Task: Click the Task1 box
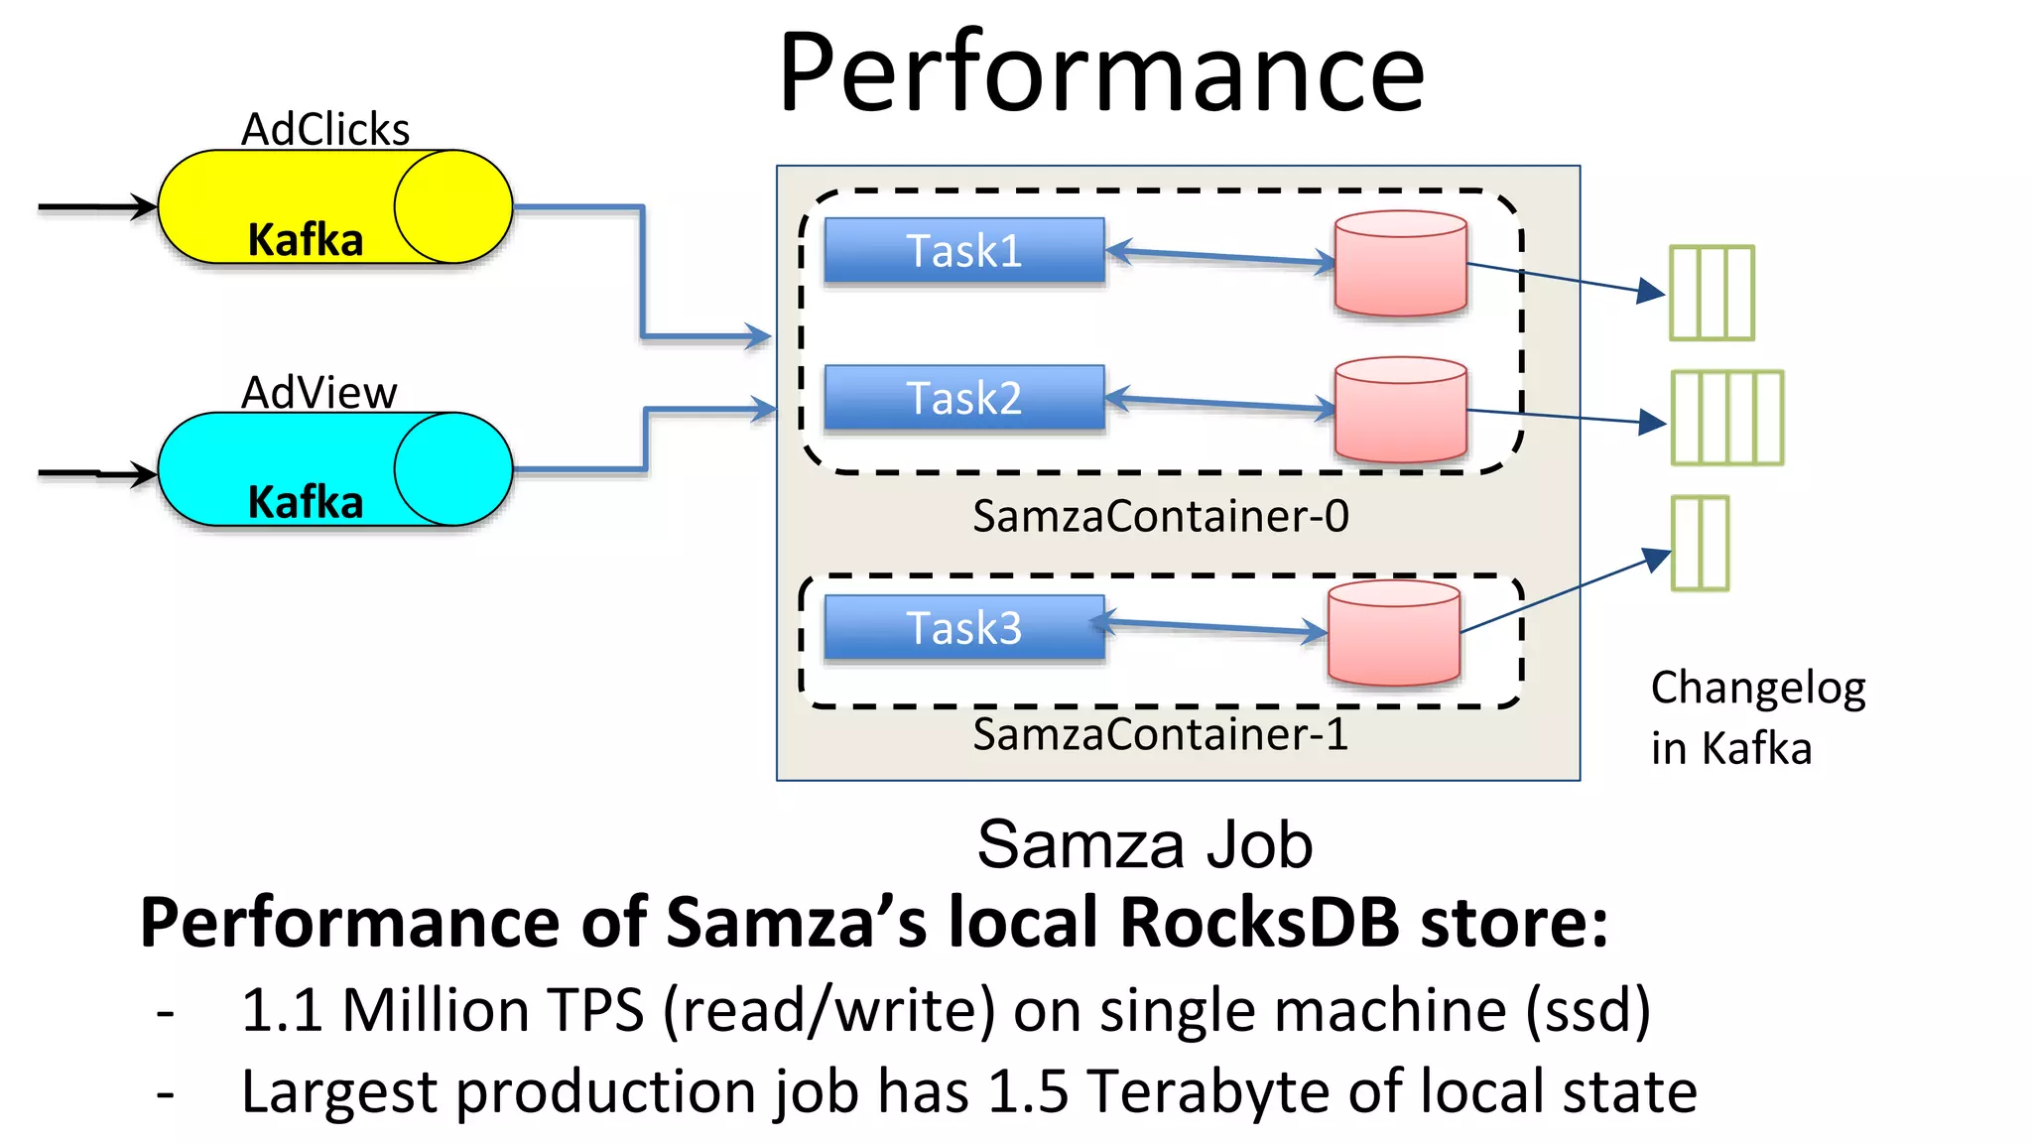pyautogui.click(x=963, y=251)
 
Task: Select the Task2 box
pyautogui.click(x=963, y=398)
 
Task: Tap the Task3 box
pyautogui.click(x=963, y=627)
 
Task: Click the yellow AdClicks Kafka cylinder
pyautogui.click(x=334, y=207)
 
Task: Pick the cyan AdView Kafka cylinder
pyautogui.click(x=334, y=469)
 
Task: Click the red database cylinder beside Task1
pyautogui.click(x=1400, y=264)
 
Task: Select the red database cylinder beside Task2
pyautogui.click(x=1400, y=410)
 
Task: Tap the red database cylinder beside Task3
pyautogui.click(x=1393, y=633)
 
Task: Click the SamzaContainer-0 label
pyautogui.click(x=1160, y=516)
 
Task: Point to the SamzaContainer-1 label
pyautogui.click(x=1160, y=734)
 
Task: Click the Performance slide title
pyautogui.click(x=1101, y=72)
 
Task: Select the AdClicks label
pyautogui.click(x=325, y=130)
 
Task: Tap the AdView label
pyautogui.click(x=318, y=393)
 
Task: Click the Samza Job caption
pyautogui.click(x=1144, y=845)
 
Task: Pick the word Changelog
pyautogui.click(x=1757, y=688)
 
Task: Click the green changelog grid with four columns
pyautogui.click(x=1726, y=418)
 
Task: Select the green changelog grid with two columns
pyautogui.click(x=1700, y=544)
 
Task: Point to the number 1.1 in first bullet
pyautogui.click(x=282, y=1010)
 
